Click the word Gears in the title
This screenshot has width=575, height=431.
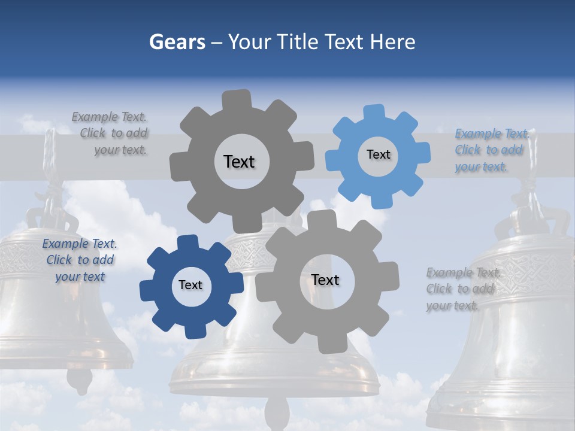pyautogui.click(x=177, y=42)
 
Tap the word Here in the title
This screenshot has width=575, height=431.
pyautogui.click(x=392, y=42)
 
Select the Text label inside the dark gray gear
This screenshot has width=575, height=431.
pyautogui.click(x=239, y=162)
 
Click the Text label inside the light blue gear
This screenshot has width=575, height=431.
pyautogui.click(x=378, y=154)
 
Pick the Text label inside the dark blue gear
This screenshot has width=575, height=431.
pyautogui.click(x=190, y=285)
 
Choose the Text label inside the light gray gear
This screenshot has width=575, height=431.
pyautogui.click(x=325, y=280)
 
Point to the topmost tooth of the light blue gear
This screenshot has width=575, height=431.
pyautogui.click(x=374, y=112)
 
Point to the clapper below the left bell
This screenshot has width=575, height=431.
pyautogui.click(x=78, y=380)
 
